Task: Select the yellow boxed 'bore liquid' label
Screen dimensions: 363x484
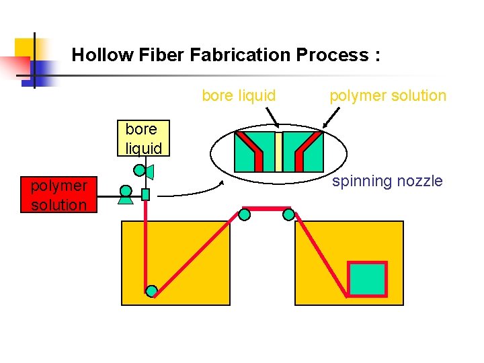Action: (143, 138)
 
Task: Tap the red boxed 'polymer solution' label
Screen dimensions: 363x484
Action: (58, 195)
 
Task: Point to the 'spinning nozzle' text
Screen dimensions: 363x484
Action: (387, 181)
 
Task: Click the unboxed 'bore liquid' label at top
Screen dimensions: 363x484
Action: (239, 95)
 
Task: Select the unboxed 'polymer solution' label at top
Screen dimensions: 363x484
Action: (387, 95)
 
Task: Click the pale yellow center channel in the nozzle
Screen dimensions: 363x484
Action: (278, 151)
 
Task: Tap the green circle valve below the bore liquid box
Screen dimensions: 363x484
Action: (140, 171)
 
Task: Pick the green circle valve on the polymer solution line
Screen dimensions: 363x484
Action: (125, 191)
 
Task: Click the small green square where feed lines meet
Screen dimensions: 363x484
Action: (145, 195)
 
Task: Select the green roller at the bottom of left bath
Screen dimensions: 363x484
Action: (152, 290)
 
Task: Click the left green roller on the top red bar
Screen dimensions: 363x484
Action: (245, 214)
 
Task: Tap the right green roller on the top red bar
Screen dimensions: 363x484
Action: (288, 214)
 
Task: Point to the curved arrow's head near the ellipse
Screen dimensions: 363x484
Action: (224, 181)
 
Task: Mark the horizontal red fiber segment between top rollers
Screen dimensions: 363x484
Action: (266, 209)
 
